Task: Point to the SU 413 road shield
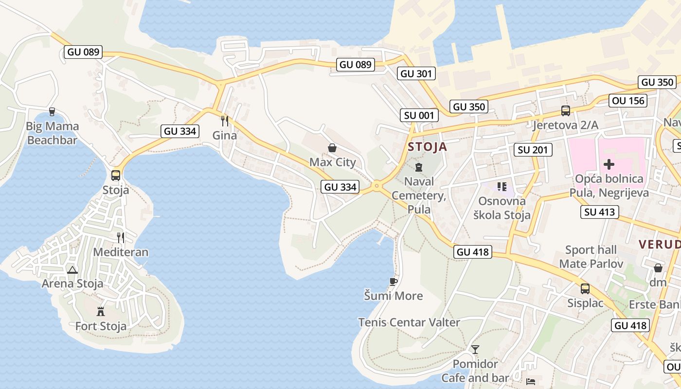600,212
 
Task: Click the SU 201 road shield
533,150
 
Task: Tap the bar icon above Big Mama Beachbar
52,112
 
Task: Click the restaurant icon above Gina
225,120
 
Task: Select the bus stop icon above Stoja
116,176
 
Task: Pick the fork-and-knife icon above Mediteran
121,237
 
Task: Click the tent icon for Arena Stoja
72,270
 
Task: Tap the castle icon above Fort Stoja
101,311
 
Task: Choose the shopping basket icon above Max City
332,148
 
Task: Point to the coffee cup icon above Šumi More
394,282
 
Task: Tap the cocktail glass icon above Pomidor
475,349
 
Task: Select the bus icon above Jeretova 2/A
565,111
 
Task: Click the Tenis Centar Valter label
409,322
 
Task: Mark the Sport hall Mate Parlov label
591,257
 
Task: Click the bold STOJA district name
427,147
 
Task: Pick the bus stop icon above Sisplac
585,289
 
